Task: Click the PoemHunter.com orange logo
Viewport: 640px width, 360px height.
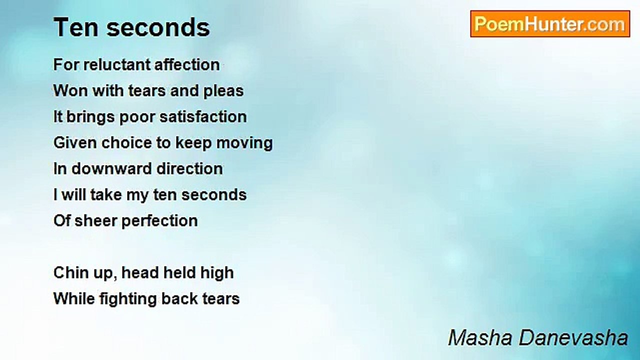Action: [x=550, y=24]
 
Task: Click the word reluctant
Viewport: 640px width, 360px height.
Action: [x=117, y=64]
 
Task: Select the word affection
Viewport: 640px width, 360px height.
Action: [x=187, y=64]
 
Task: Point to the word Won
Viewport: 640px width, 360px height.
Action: [x=70, y=91]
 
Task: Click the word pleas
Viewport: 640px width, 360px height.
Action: [x=223, y=91]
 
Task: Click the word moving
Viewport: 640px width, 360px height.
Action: [x=244, y=143]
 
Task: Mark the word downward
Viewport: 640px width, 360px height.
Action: [x=111, y=169]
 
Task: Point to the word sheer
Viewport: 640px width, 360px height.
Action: [x=96, y=221]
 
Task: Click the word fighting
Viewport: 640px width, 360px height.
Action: [x=128, y=299]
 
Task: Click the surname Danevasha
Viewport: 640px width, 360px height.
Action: [x=573, y=338]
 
